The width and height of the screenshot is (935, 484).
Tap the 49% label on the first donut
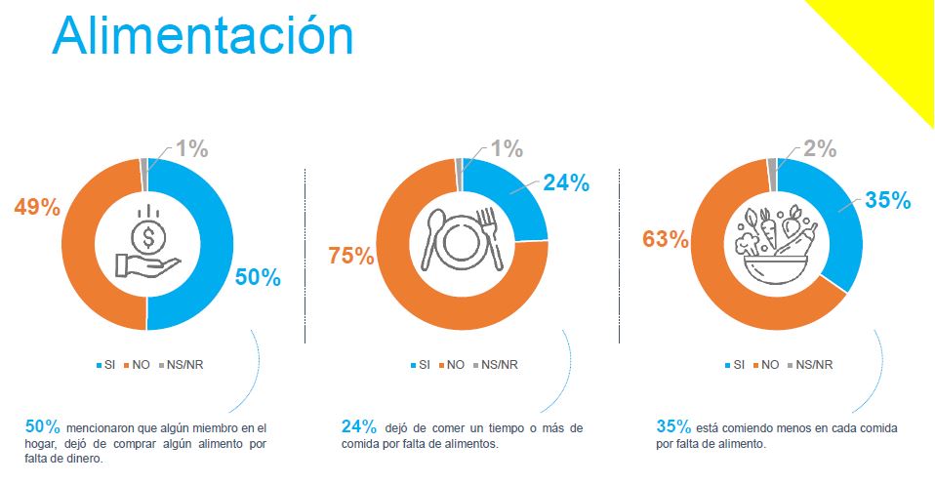tap(37, 207)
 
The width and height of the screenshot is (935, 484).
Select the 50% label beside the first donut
tap(258, 277)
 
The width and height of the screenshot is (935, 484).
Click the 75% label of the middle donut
tap(351, 256)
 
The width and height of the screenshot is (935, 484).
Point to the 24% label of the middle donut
tap(567, 182)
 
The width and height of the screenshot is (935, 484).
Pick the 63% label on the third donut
tap(664, 237)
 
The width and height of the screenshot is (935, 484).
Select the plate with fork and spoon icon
tap(462, 240)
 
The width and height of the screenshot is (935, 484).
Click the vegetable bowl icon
tap(776, 244)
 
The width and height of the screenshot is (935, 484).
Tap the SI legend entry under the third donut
tap(738, 365)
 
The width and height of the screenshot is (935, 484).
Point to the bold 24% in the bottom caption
tap(359, 426)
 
